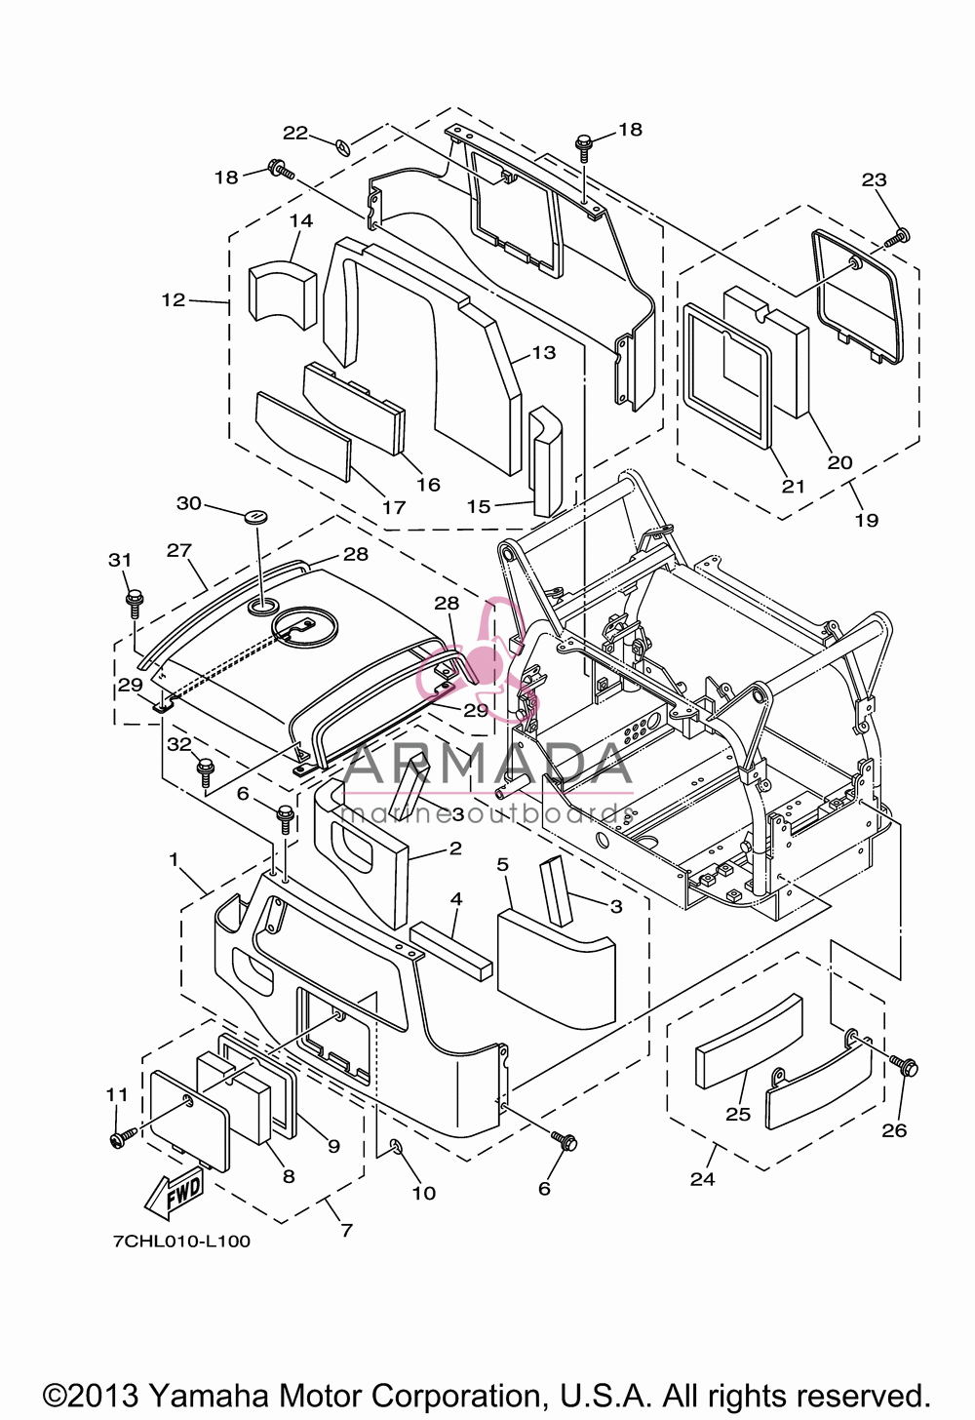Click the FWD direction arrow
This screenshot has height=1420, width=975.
[175, 1195]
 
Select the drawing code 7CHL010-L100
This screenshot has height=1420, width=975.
[182, 1241]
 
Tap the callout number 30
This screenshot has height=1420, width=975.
[189, 503]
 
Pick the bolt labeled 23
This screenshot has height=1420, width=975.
[898, 237]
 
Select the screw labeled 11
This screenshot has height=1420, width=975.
[123, 1136]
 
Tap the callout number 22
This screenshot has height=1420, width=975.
[295, 133]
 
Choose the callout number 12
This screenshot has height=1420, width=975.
[174, 299]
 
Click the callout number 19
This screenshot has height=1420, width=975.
[867, 521]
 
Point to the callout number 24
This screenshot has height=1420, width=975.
[703, 1179]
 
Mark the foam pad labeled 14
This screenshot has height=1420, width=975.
[282, 296]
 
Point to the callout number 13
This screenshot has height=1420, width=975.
[543, 352]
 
